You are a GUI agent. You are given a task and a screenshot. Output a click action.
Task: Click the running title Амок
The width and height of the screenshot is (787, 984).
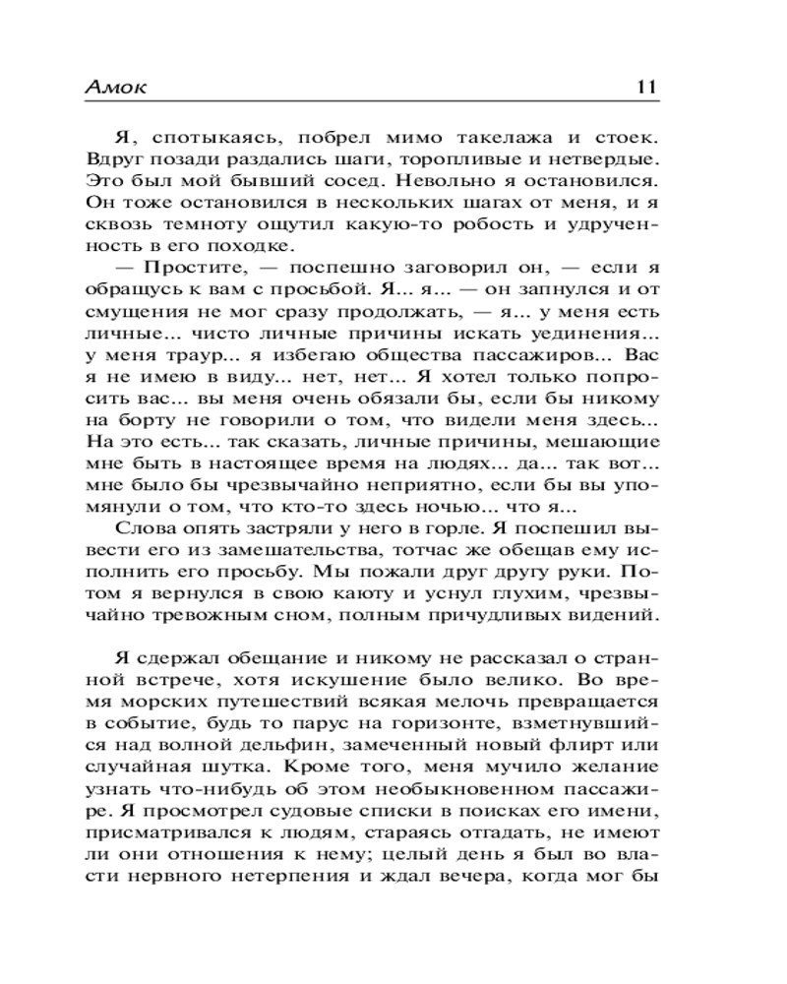pyautogui.click(x=117, y=87)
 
